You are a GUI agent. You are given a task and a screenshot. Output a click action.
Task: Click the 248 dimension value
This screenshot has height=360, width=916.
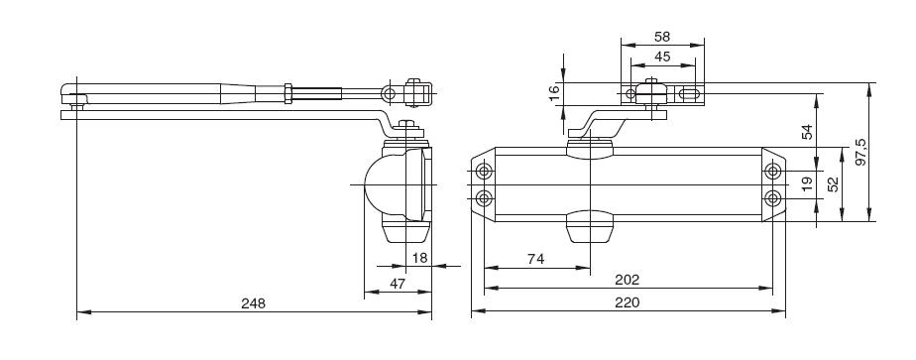point(253,303)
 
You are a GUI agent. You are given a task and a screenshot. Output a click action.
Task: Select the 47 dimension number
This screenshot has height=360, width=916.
point(398,284)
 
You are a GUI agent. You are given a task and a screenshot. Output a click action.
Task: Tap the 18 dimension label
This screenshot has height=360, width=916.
point(419,258)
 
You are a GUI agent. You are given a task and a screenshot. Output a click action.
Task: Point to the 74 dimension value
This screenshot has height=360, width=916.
point(535,259)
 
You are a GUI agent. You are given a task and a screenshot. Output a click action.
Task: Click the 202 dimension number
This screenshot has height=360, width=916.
point(628,280)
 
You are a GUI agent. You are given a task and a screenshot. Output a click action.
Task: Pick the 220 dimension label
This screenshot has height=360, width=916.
point(628,302)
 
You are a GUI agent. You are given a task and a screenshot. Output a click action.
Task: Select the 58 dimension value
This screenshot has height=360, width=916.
point(662,37)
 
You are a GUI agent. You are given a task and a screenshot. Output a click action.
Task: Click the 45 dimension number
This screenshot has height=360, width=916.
point(662,57)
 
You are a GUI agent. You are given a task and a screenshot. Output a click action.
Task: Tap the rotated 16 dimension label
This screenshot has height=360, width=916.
point(554,93)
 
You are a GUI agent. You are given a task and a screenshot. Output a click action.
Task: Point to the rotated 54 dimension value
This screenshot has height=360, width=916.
point(807,132)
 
